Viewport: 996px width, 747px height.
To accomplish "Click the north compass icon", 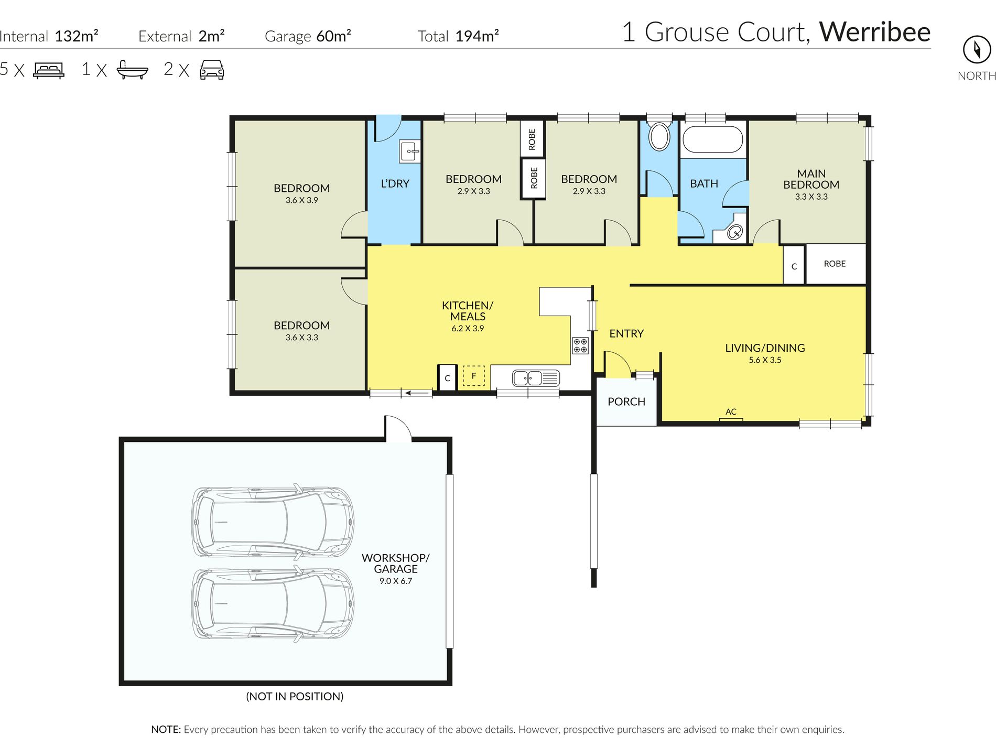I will pyautogui.click(x=977, y=50).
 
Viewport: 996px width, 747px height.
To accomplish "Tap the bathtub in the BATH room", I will pyautogui.click(x=712, y=139).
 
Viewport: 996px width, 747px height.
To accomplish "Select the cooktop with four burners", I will pyautogui.click(x=580, y=345).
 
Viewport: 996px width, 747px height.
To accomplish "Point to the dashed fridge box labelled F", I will pyautogui.click(x=473, y=376).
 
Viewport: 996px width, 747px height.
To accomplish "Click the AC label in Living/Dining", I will pyautogui.click(x=731, y=412).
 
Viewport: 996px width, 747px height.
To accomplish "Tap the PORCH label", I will pyautogui.click(x=626, y=402).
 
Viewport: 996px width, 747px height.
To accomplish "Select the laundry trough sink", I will pyautogui.click(x=410, y=151).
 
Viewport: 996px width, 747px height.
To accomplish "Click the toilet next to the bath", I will pyautogui.click(x=659, y=136).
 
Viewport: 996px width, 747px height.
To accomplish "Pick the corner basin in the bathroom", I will pyautogui.click(x=735, y=231).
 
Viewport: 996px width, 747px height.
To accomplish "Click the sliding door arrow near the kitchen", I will pyautogui.click(x=418, y=393).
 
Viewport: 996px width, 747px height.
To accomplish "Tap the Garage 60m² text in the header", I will pyautogui.click(x=307, y=36).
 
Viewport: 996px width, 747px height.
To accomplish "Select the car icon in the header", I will pyautogui.click(x=212, y=69).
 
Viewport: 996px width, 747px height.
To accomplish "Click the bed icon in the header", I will pyautogui.click(x=49, y=70).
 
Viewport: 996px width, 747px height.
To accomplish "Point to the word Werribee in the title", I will pyautogui.click(x=874, y=32).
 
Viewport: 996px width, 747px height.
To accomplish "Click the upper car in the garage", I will pyautogui.click(x=273, y=521).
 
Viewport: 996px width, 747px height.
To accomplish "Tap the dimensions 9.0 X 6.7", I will pyautogui.click(x=395, y=581).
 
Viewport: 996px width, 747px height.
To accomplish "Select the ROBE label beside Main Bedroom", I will pyautogui.click(x=835, y=264).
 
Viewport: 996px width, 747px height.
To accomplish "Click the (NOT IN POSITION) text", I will pyautogui.click(x=295, y=696).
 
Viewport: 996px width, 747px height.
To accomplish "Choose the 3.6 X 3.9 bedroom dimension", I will pyautogui.click(x=301, y=200).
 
